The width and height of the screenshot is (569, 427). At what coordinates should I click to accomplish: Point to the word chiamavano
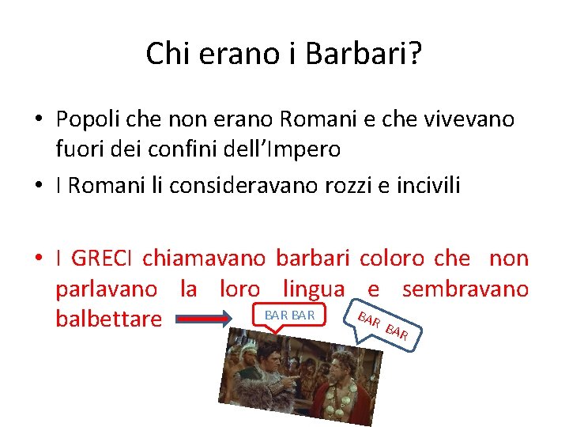[x=206, y=258]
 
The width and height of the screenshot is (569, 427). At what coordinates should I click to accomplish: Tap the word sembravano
[x=465, y=289]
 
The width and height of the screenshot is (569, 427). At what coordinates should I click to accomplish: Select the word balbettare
[x=109, y=319]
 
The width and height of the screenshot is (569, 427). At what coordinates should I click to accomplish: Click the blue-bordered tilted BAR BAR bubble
[x=382, y=325]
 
